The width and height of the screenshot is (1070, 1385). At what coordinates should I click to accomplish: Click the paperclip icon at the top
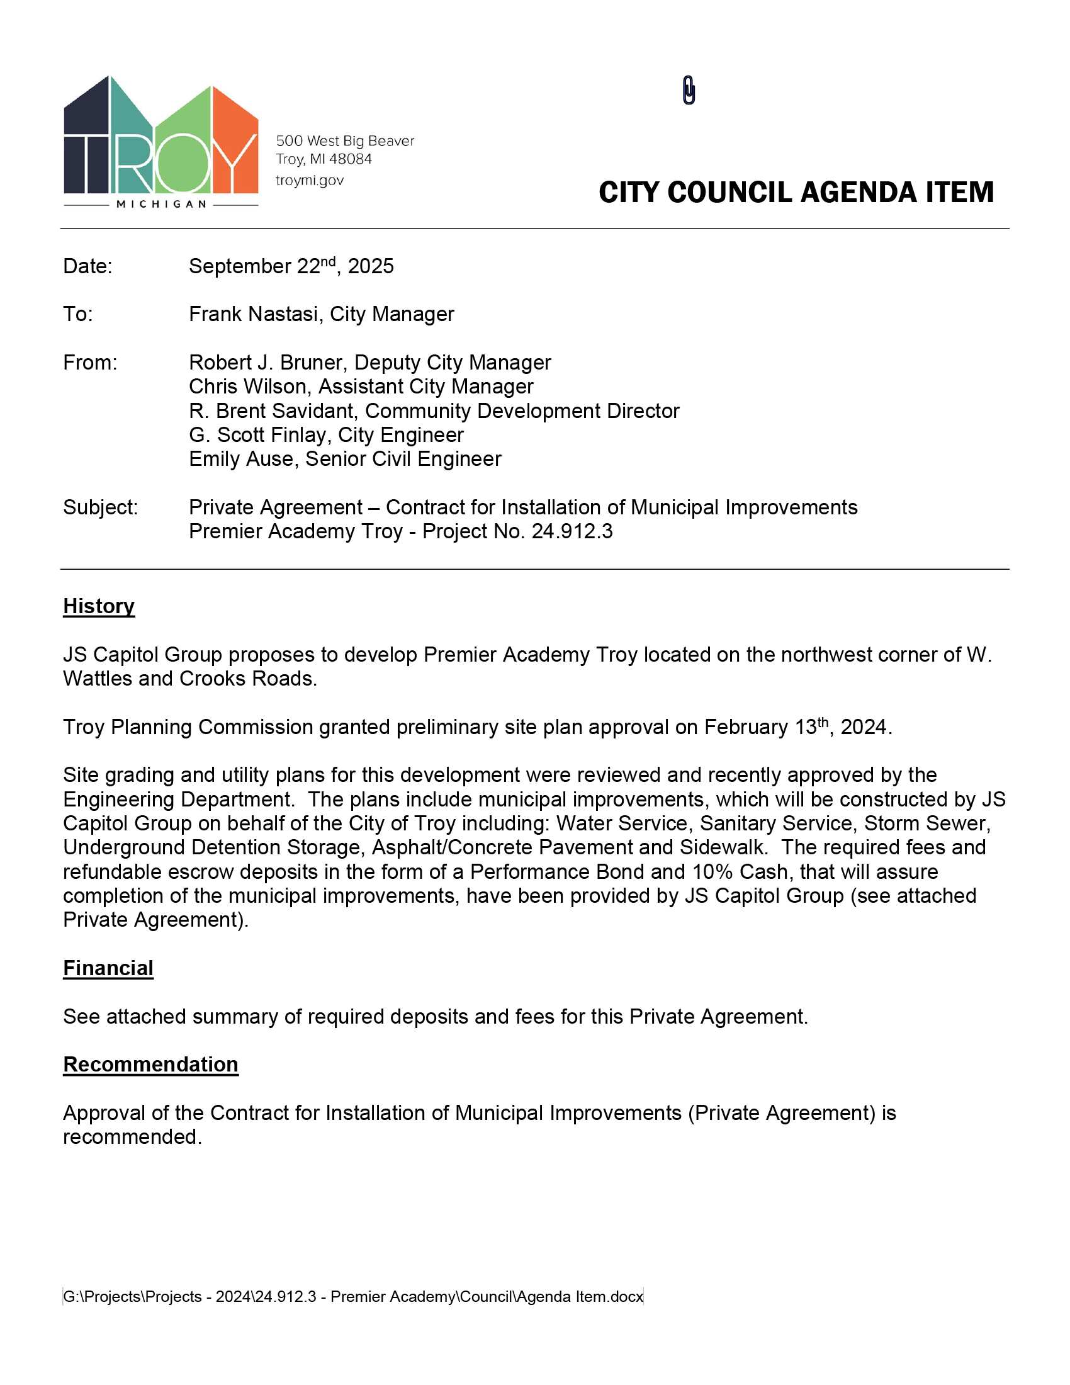(x=689, y=90)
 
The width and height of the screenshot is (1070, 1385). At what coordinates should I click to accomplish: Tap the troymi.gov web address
(x=309, y=181)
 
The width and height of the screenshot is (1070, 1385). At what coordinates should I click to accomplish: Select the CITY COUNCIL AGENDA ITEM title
(x=796, y=192)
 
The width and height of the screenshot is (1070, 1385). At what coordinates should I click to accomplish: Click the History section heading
(x=99, y=606)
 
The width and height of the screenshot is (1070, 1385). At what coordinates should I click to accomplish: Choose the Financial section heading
(x=108, y=968)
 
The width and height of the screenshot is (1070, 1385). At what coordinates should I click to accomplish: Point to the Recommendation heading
(x=151, y=1064)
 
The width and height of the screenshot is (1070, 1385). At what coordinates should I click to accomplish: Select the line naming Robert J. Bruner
(x=369, y=363)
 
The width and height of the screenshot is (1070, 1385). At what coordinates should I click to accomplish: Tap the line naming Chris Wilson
(x=361, y=387)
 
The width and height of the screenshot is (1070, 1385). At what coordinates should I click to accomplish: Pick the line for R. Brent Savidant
(x=434, y=411)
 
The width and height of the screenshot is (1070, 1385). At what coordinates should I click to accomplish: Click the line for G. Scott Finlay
(x=326, y=435)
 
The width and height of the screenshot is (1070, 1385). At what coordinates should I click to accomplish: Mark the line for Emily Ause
(x=345, y=459)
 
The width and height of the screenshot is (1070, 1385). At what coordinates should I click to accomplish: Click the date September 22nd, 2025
(x=291, y=266)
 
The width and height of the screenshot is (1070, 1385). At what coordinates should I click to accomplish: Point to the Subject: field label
(x=100, y=507)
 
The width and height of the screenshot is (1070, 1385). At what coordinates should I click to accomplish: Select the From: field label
(x=90, y=363)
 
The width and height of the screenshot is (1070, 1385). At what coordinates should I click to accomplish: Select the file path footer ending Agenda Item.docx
(x=353, y=1297)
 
